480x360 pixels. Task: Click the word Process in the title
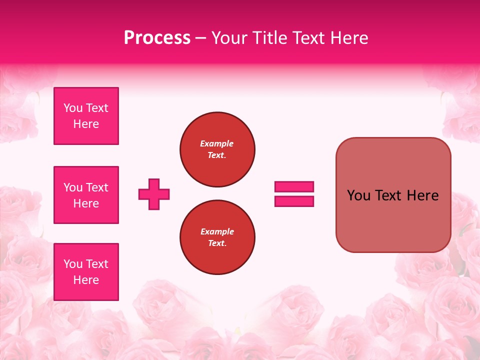157,38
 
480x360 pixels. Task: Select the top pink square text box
86,116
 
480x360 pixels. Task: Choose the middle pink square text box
86,195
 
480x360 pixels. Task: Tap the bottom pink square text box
86,272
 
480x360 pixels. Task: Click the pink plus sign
154,194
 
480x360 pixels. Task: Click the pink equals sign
294,194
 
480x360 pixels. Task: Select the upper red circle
217,149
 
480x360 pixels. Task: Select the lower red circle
217,237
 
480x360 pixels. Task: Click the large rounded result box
393,195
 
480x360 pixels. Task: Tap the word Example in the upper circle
217,143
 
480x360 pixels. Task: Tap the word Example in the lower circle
217,231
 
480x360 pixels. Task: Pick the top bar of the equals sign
294,187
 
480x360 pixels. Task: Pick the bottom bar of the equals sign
294,201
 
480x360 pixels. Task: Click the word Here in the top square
86,124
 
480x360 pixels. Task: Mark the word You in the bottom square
73,264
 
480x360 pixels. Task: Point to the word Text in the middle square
97,187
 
